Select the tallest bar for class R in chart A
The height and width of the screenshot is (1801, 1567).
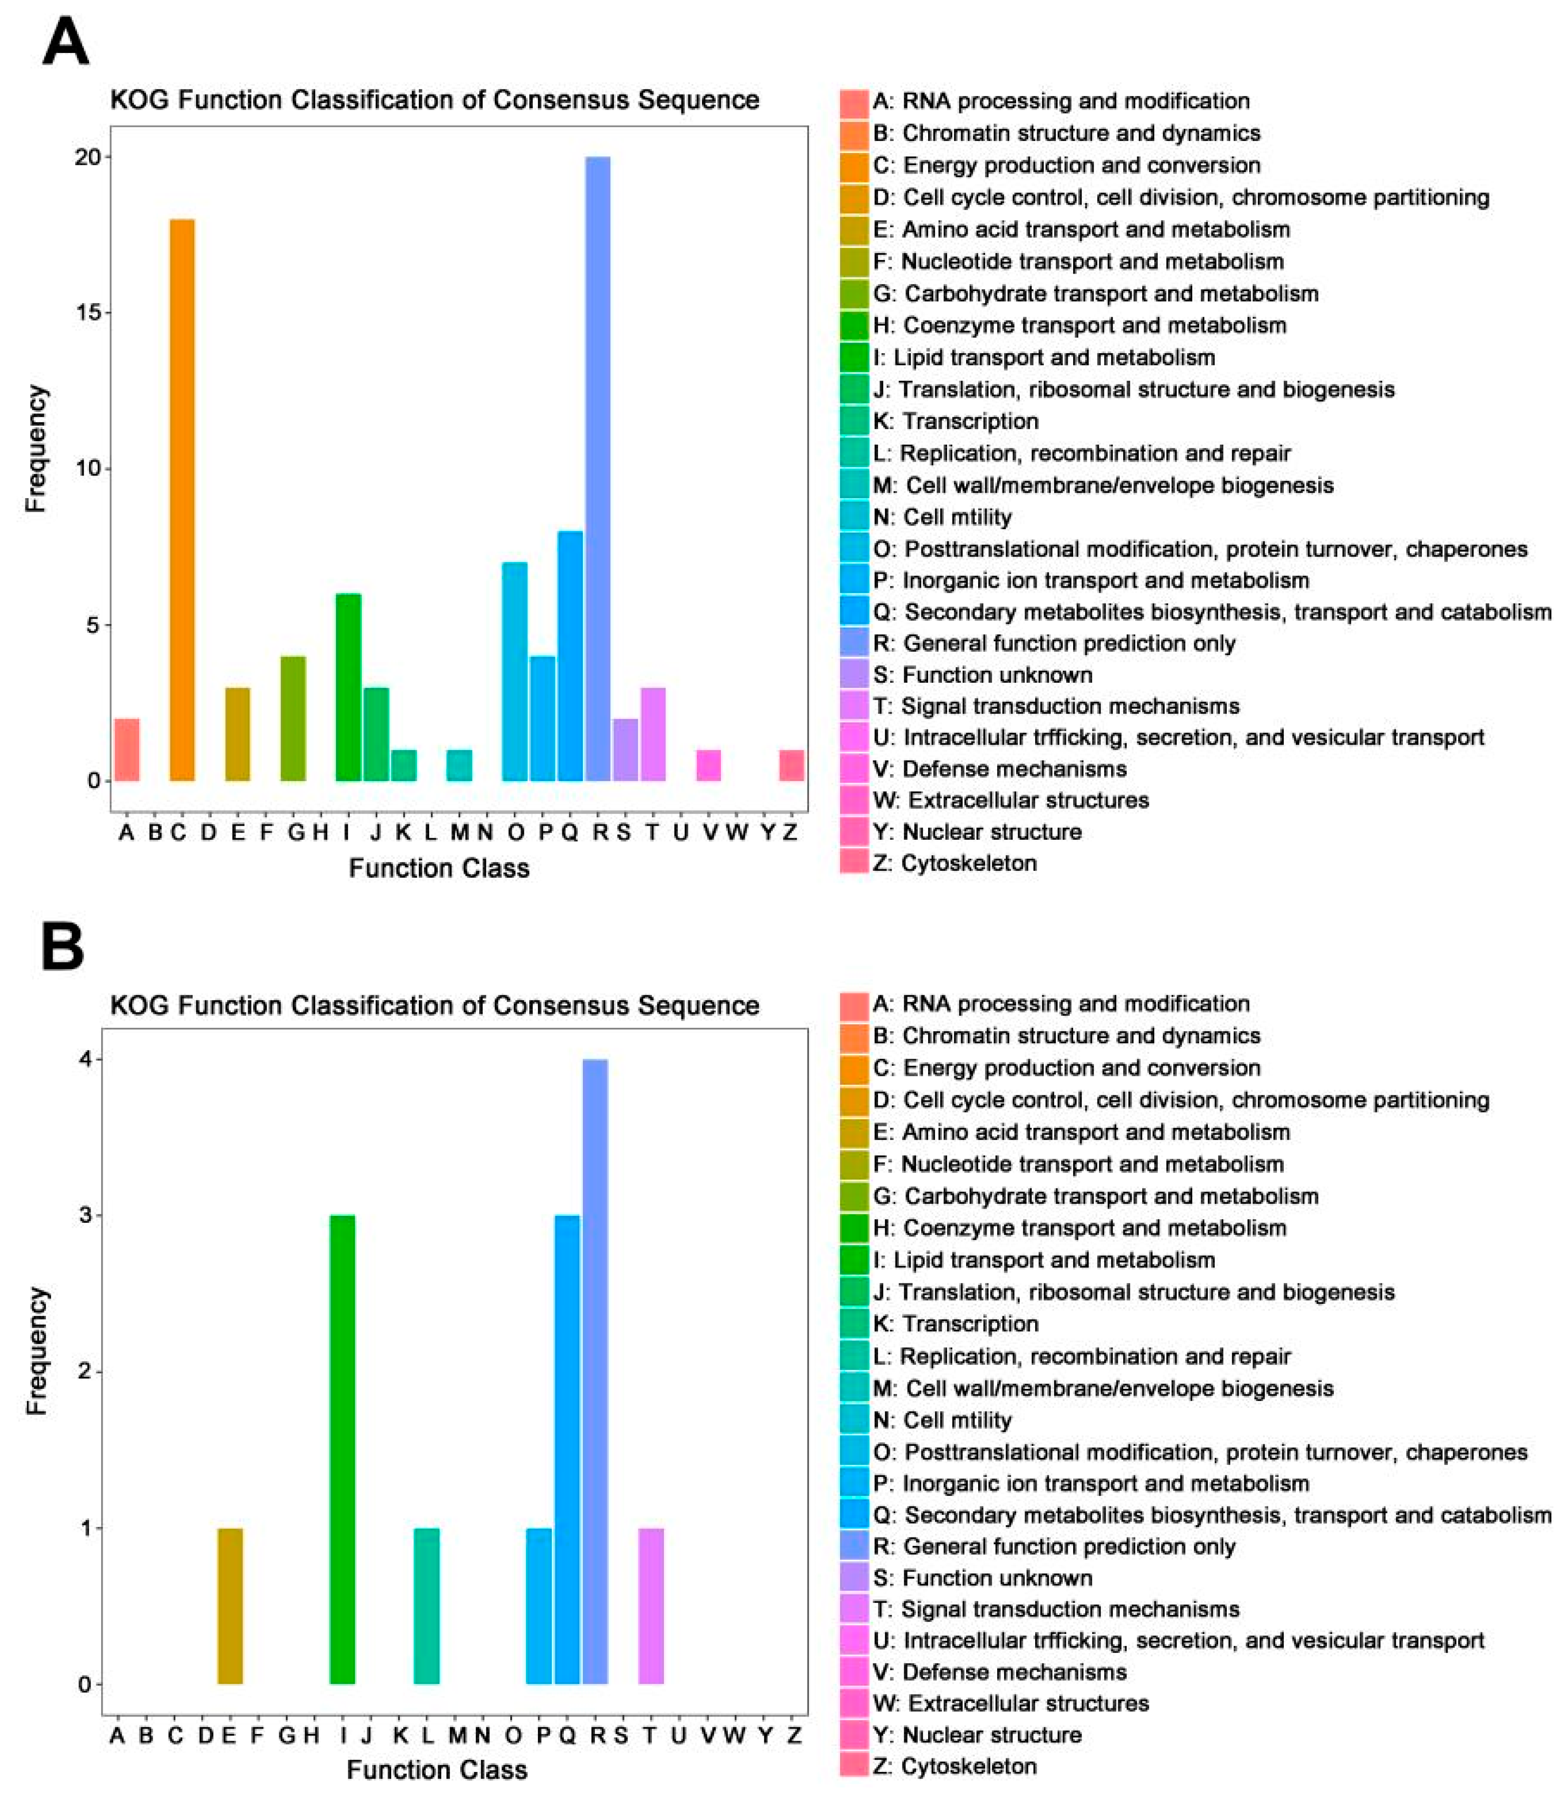point(598,469)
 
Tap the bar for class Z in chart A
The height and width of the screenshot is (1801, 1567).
point(792,765)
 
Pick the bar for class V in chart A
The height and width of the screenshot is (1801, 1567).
point(709,765)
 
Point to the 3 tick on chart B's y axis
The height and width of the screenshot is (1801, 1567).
point(85,1215)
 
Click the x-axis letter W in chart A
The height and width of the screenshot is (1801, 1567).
point(737,832)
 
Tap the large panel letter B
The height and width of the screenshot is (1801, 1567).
point(63,947)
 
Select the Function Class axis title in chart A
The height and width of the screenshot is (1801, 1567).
point(439,868)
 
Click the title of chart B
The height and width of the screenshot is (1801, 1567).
point(435,1005)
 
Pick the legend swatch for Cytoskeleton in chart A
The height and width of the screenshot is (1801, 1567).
point(854,862)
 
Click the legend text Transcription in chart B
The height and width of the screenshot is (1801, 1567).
point(971,1324)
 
